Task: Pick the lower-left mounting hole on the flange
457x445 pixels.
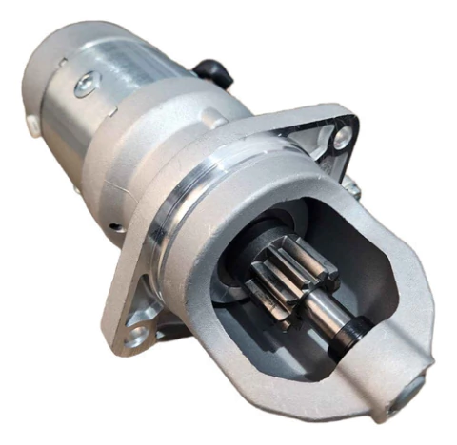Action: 134,334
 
